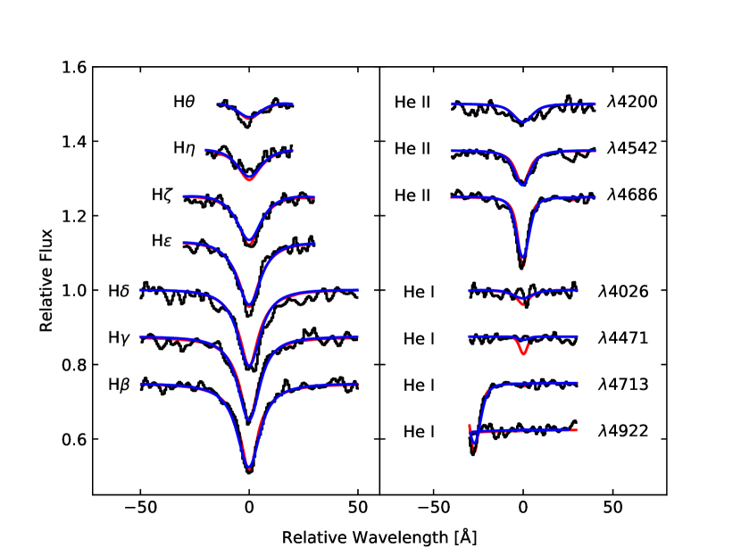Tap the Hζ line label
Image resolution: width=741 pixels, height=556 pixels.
(x=162, y=195)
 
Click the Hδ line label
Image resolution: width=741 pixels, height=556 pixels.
(x=118, y=290)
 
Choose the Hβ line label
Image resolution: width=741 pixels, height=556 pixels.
(x=118, y=386)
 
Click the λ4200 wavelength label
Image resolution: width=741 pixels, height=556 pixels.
(x=632, y=102)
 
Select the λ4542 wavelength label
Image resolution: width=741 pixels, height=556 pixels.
(x=632, y=148)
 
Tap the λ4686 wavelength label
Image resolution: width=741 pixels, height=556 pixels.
(x=632, y=195)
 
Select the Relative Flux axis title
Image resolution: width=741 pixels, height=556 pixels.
(x=46, y=280)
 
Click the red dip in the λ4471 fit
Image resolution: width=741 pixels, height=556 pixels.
(x=523, y=354)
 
